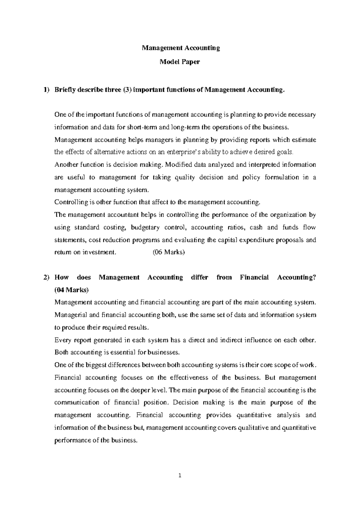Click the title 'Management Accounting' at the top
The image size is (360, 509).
coord(181,48)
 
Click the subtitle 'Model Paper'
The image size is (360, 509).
coord(180,62)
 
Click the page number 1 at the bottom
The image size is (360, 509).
coord(180,475)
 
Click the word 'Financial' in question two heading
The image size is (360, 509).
coord(254,278)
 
